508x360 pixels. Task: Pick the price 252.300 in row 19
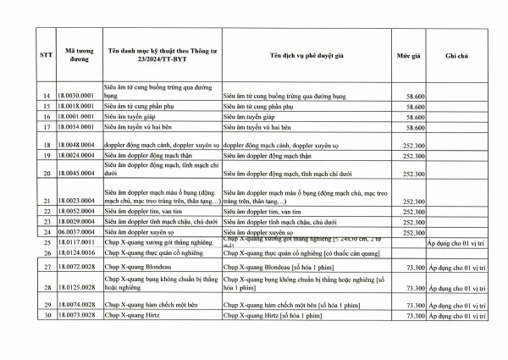(413, 156)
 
